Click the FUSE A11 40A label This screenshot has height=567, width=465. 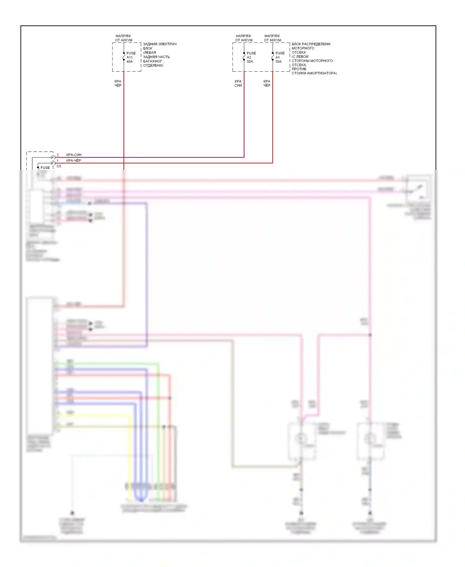click(131, 57)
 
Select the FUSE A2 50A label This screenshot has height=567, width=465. click(251, 57)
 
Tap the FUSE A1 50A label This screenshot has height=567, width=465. click(280, 57)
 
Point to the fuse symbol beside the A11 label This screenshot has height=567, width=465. click(124, 57)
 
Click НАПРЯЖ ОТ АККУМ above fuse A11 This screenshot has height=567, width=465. click(123, 38)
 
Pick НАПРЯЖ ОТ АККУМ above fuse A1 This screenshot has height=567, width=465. click(272, 38)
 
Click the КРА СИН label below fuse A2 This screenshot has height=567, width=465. click(238, 83)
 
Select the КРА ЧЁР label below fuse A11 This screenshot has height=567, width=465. click(118, 83)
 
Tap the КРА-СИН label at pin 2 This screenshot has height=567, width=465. click(74, 155)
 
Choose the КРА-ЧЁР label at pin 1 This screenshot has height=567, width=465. click(74, 161)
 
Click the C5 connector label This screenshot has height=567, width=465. click(59, 166)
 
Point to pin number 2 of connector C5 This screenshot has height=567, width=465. click(58, 155)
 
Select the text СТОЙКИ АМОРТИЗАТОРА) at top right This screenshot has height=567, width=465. click(314, 73)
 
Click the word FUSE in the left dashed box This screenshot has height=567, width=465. click(45, 168)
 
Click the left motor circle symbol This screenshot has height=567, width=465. click(300, 439)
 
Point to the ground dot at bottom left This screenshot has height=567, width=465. click(72, 513)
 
